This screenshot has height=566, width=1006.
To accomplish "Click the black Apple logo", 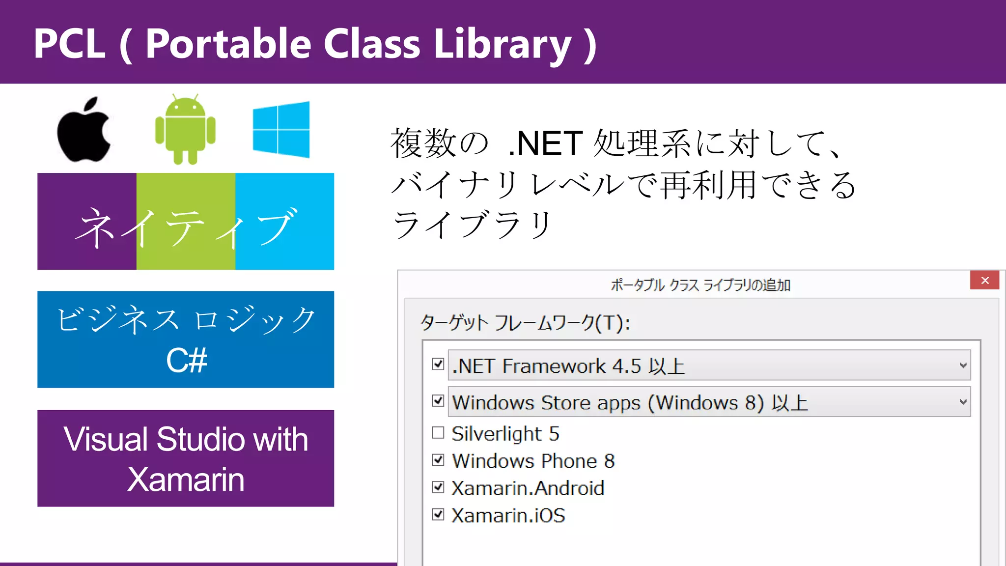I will pos(84,131).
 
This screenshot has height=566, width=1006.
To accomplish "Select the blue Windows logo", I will pos(281,130).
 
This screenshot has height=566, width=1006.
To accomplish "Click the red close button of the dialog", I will pos(984,281).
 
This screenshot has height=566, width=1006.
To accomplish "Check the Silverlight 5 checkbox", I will pos(438,433).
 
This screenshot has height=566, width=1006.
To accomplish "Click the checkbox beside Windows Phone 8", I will pos(438,460).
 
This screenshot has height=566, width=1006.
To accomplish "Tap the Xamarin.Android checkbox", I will pos(438,487).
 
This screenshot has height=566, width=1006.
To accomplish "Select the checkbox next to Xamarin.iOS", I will pos(438,515).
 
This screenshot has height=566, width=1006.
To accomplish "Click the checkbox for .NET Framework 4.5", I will pos(438,365).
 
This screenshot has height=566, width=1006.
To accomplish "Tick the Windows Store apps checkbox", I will pos(438,401).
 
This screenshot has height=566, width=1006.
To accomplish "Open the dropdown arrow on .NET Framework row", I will pos(963,366).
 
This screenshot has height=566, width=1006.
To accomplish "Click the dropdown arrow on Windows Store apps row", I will pos(963,402).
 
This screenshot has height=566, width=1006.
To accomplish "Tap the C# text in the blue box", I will pos(187,361).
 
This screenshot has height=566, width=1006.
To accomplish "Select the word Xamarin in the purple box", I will pos(186,480).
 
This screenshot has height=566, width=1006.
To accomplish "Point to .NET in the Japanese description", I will pos(545,144).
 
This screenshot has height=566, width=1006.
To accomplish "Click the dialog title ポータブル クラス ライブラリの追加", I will pos(700,285).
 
